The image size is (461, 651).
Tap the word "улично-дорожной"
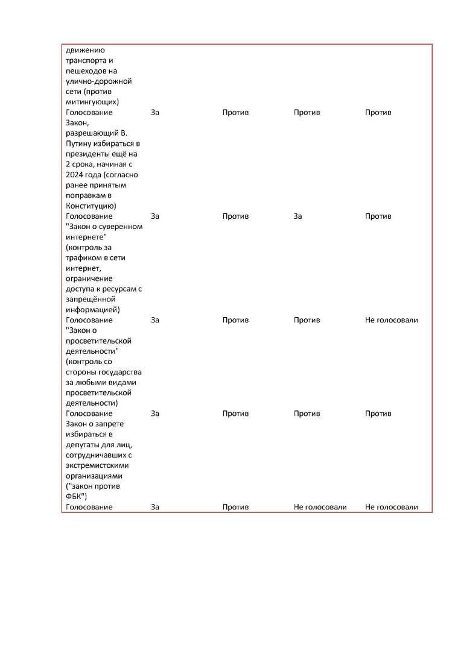(98, 81)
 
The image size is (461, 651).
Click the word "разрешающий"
(91, 133)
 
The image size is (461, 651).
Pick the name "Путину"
(78, 143)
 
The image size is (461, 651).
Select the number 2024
(76, 174)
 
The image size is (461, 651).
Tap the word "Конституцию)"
(95, 206)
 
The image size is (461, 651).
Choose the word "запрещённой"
(89, 299)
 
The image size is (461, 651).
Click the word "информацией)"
(92, 310)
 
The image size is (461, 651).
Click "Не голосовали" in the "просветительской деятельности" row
(391, 320)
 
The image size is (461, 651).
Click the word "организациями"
(94, 476)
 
